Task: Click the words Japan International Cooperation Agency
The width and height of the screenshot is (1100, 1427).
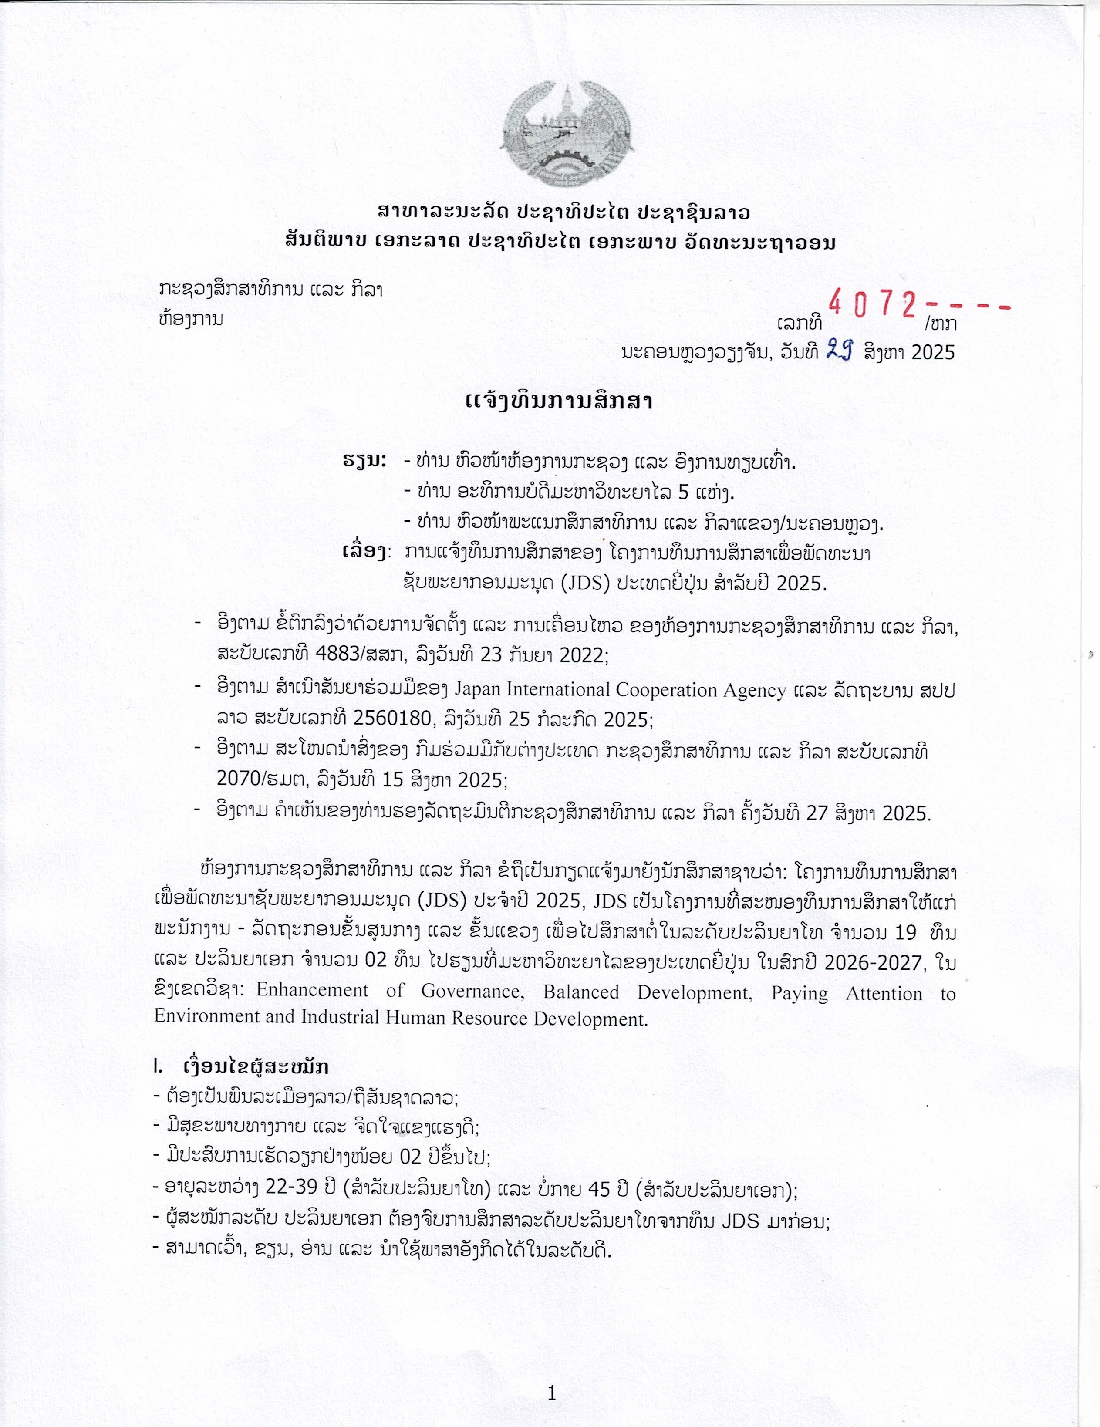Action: (x=620, y=689)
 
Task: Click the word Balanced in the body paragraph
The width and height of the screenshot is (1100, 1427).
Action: (x=580, y=991)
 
